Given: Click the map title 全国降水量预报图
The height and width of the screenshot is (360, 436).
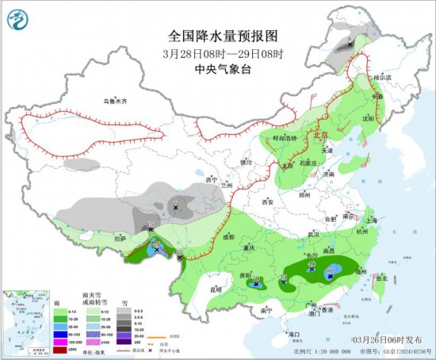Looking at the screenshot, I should click(224, 36).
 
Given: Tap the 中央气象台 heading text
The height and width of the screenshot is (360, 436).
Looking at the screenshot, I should click(224, 69).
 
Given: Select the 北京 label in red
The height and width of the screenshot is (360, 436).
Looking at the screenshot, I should click(320, 135).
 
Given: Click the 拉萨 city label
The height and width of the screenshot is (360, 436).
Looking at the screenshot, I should click(120, 238).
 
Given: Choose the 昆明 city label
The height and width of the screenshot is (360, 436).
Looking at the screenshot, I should click(216, 289).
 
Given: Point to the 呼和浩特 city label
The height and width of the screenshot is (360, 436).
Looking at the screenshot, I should click(285, 137).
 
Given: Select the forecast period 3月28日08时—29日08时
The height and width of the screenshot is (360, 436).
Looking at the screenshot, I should click(224, 53).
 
